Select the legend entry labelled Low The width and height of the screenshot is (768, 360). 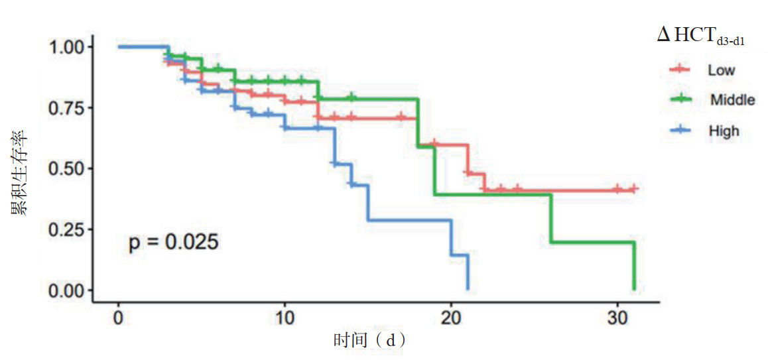(x=721, y=70)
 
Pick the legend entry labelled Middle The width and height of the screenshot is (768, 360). (x=732, y=100)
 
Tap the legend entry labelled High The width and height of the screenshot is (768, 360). (x=723, y=131)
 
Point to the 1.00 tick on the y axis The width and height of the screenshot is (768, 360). (x=66, y=47)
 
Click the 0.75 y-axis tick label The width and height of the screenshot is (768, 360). (x=66, y=108)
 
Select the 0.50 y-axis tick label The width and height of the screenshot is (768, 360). (x=66, y=168)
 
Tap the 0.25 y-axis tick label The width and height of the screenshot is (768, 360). (x=66, y=229)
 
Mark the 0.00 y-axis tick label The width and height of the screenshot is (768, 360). (x=66, y=290)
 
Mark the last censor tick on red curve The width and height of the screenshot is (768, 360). (x=633, y=190)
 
